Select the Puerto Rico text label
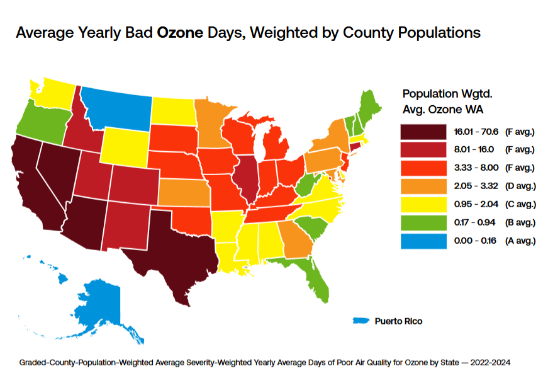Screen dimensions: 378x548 (x=399, y=321)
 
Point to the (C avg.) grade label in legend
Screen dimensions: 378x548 (x=520, y=204)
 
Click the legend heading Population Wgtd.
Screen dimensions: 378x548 (x=447, y=94)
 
